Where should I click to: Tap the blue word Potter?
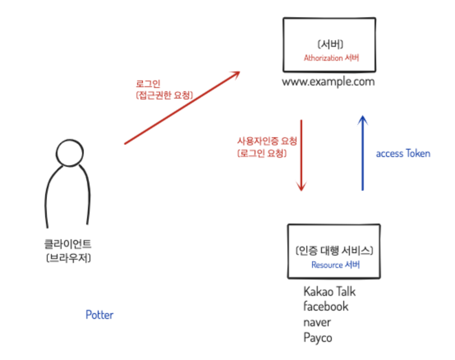coord(99,315)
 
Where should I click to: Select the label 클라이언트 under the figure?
coord(68,245)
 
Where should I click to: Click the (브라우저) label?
coord(68,258)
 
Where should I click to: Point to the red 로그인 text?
coord(148,84)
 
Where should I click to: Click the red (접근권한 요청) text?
coord(164,95)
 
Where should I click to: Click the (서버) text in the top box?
coord(331,44)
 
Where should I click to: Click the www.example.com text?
coord(328,81)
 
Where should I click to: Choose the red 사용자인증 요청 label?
coord(267,141)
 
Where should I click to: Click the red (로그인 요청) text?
coord(262,153)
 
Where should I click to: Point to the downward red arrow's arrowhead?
coord(301,187)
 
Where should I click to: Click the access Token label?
coord(403,154)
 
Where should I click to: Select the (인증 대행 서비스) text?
coord(334,251)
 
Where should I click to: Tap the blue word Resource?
coord(326,265)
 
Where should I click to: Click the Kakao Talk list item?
coord(329,292)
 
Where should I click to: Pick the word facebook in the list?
coord(326,307)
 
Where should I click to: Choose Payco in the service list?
coord(317,338)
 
